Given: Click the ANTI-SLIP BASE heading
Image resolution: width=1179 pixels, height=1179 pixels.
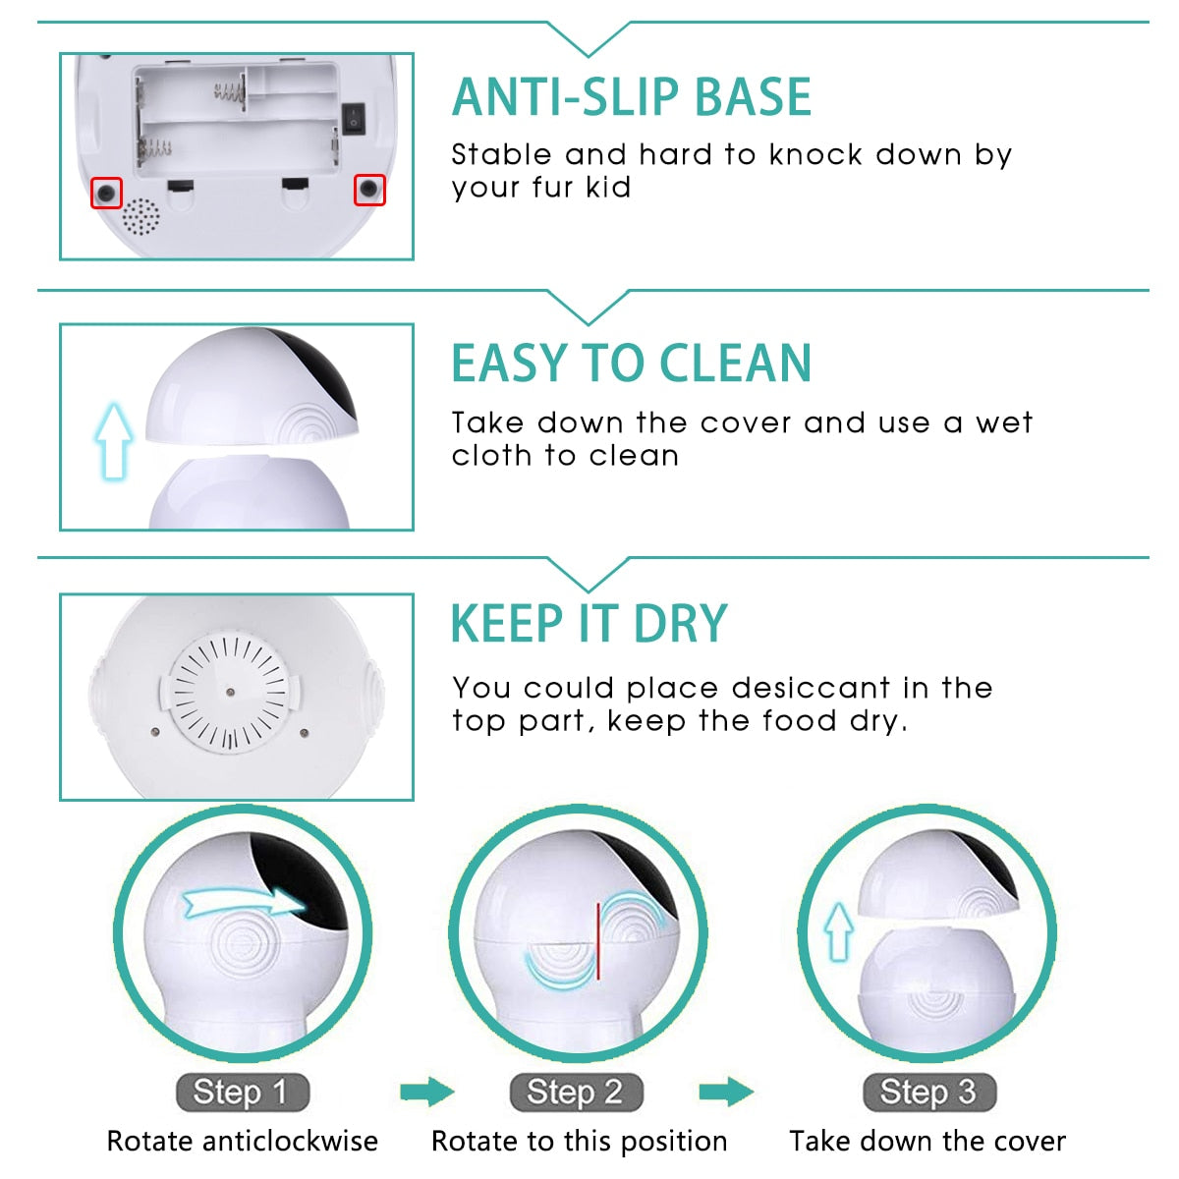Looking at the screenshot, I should [x=632, y=97].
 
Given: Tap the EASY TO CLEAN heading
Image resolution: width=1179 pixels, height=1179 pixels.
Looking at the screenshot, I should [x=632, y=363].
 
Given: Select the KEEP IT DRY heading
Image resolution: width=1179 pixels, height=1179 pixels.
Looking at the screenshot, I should [x=589, y=624].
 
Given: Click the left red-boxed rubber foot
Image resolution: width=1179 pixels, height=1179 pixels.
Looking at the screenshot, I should [x=106, y=193].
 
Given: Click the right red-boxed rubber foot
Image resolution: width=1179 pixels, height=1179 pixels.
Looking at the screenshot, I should [x=369, y=190].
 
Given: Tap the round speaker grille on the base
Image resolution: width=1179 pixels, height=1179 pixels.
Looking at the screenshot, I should [x=140, y=218].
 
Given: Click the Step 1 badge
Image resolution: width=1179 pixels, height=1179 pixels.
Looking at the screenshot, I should [x=242, y=1092].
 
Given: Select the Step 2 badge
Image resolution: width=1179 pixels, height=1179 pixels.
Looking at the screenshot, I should [x=576, y=1092].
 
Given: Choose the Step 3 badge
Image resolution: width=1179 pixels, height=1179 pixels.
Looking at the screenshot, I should [x=928, y=1092].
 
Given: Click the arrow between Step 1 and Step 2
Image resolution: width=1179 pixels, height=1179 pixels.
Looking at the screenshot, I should [x=427, y=1092].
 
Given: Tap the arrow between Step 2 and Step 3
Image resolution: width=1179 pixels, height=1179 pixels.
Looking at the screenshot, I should [x=726, y=1092].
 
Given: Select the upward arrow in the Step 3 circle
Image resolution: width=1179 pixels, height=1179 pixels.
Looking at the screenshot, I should [x=838, y=931].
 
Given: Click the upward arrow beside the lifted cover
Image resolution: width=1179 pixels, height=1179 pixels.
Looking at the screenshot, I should [x=114, y=439].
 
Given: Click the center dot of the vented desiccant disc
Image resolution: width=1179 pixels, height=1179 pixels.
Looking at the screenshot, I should [x=231, y=692].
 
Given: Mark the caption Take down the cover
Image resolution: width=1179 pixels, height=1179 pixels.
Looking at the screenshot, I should [x=927, y=1142].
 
